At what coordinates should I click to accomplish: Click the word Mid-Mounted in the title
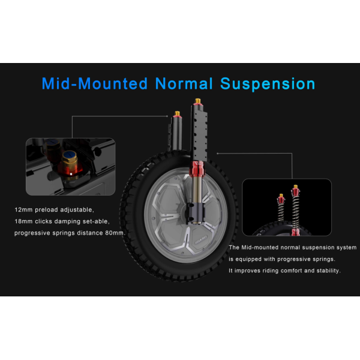(x=94, y=83)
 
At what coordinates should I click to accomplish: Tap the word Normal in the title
(x=184, y=83)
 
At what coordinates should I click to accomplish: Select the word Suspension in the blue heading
(x=268, y=84)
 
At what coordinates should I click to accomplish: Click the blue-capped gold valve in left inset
(x=70, y=163)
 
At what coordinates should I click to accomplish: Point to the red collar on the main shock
(x=197, y=169)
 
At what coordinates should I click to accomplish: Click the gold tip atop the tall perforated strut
(x=197, y=101)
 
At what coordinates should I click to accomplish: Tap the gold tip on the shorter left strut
(x=177, y=113)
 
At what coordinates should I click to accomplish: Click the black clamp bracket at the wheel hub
(x=196, y=212)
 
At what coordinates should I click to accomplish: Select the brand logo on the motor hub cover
(x=201, y=240)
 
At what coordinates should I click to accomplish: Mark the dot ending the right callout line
(x=217, y=154)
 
